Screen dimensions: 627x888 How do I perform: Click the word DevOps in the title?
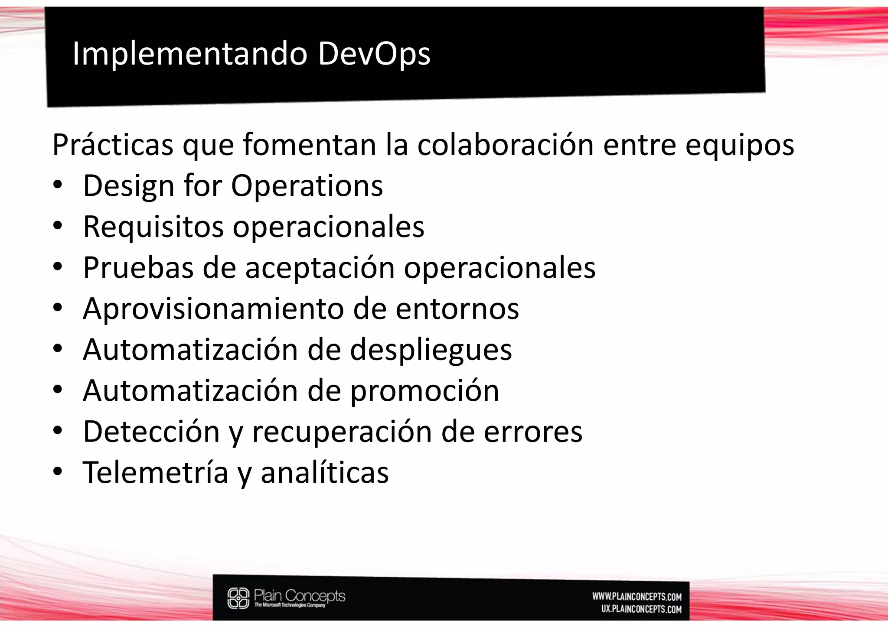pyautogui.click(x=374, y=54)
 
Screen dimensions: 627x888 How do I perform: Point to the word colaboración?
pyautogui.click(x=505, y=144)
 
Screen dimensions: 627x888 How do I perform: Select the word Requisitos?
pyautogui.click(x=153, y=227)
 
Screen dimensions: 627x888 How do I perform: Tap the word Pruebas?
pyautogui.click(x=138, y=267)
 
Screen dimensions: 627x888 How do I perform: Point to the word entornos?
pyautogui.click(x=457, y=309)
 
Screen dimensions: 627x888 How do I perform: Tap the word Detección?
pyautogui.click(x=151, y=432)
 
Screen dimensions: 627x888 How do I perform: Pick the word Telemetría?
pyautogui.click(x=156, y=472)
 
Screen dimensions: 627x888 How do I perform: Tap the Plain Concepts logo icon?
pyautogui.click(x=238, y=598)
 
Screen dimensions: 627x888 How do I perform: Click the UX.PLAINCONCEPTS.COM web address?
pyautogui.click(x=641, y=609)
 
